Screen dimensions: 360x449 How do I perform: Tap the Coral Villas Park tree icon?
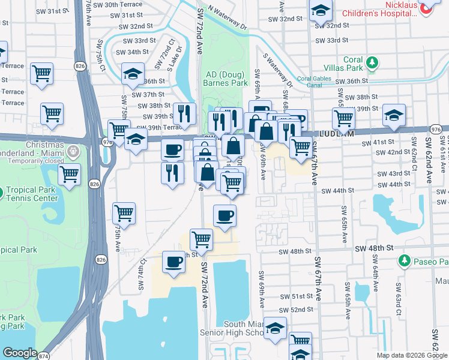point(372,62)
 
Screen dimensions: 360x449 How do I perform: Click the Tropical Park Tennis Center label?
point(43,194)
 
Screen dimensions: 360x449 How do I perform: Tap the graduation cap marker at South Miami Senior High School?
point(276,328)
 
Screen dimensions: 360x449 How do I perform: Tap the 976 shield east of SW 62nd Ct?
point(436,130)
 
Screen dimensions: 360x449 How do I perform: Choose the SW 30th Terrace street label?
point(122,4)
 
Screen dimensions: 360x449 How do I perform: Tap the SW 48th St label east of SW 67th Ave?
point(373,248)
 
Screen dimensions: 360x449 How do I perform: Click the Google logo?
point(20,353)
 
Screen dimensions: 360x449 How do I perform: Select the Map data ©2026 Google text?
point(412,355)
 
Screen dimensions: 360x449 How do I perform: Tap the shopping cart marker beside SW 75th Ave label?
point(124,212)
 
